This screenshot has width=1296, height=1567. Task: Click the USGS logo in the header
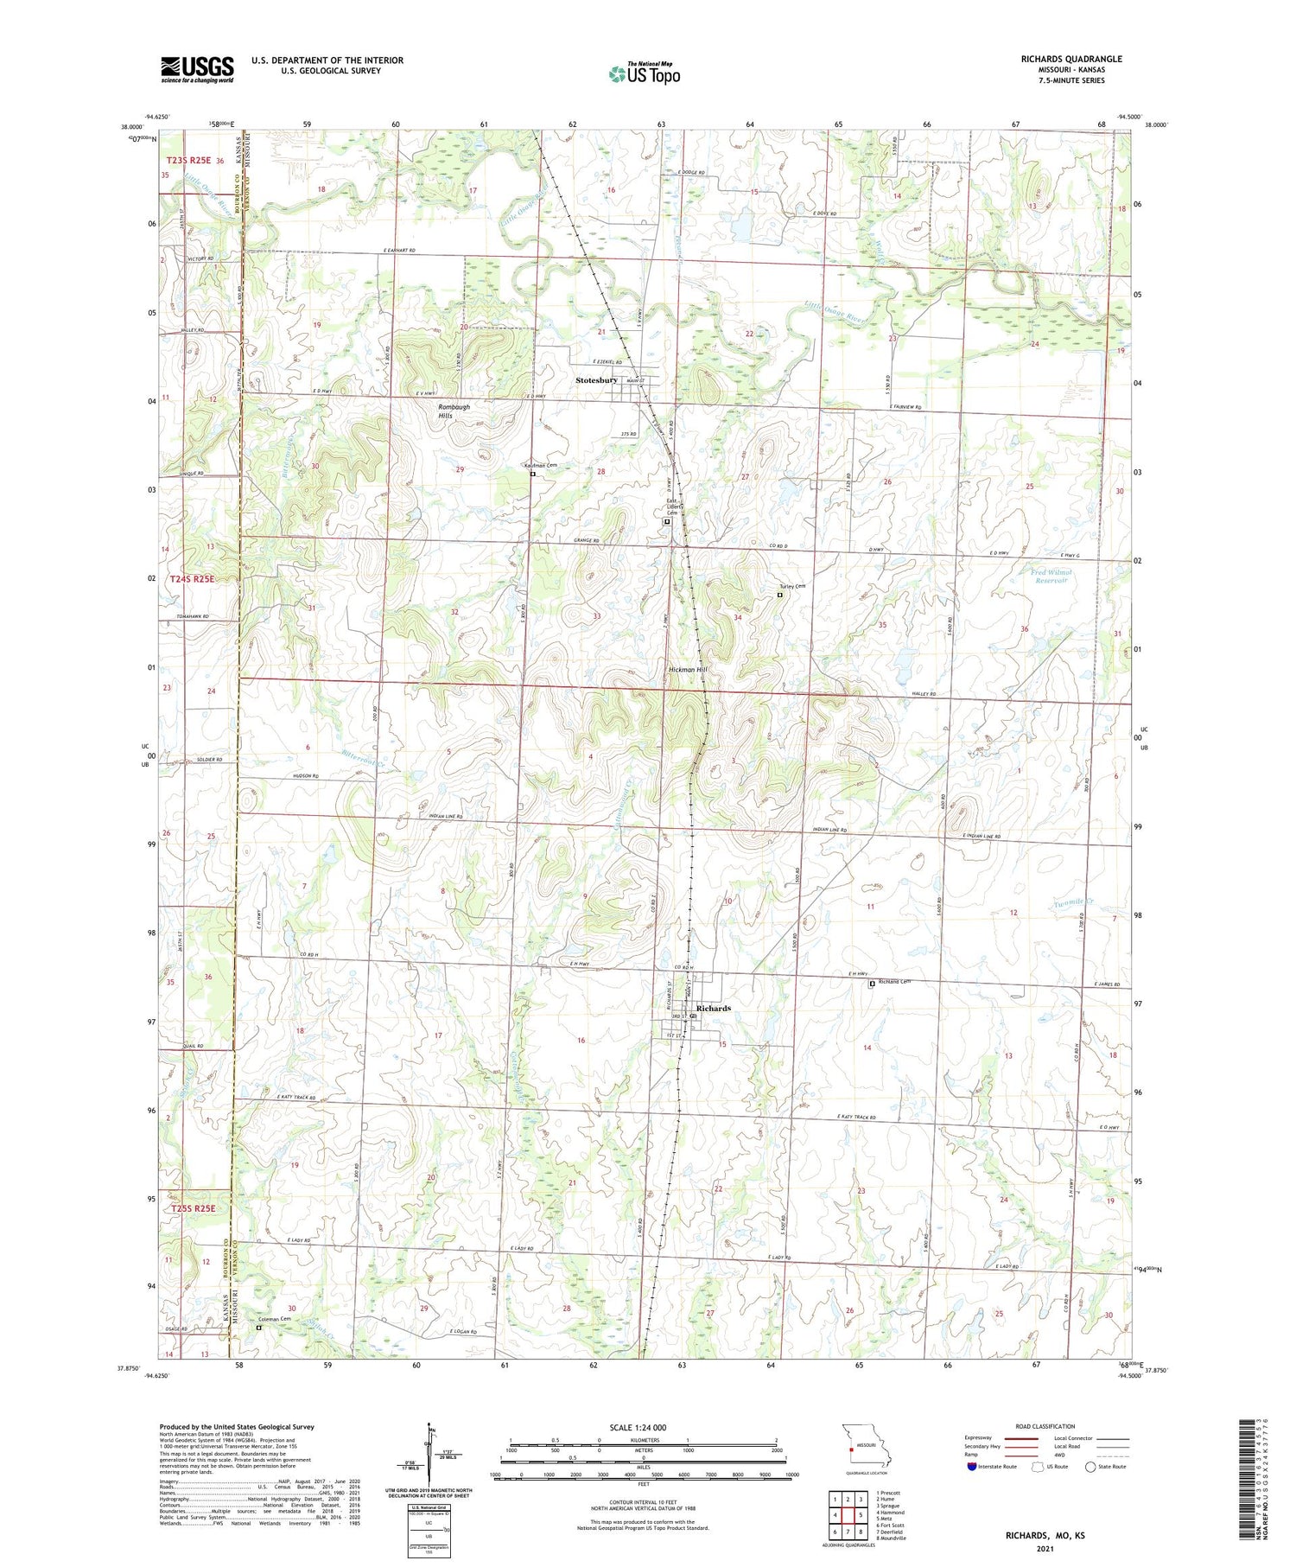point(197,69)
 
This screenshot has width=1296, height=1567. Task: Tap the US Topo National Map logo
point(644,73)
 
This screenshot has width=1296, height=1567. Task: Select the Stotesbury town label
point(596,380)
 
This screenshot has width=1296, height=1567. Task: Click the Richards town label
point(714,1008)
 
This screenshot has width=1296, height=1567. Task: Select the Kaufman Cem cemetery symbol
point(533,474)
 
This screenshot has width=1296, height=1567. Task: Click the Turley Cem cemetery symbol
point(779,595)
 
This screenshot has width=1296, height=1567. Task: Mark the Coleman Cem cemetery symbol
point(257,1328)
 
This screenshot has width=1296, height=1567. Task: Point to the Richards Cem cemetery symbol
point(871,983)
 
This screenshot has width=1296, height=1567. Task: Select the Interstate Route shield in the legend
point(972,1467)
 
